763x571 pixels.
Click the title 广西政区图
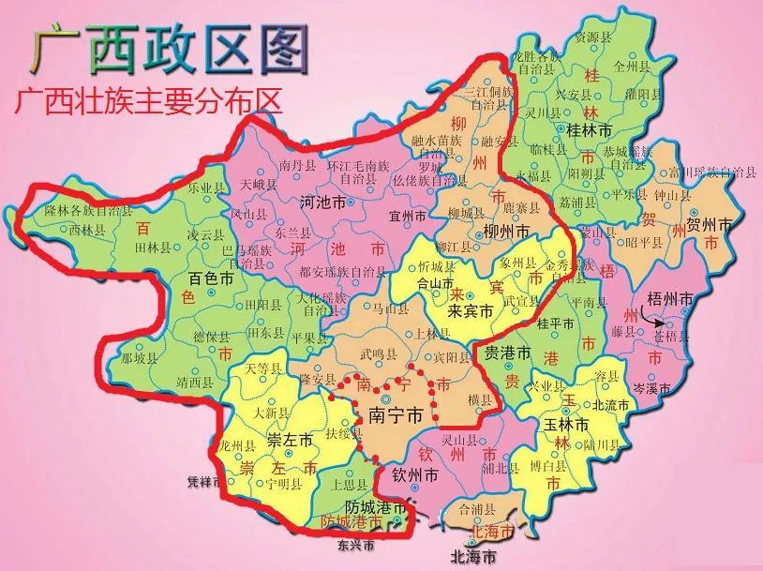pyautogui.click(x=170, y=47)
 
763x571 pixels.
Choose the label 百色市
pyautogui.click(x=210, y=279)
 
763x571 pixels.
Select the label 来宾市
pyautogui.click(x=471, y=311)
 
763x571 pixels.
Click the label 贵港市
pyautogui.click(x=507, y=353)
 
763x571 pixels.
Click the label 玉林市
pyautogui.click(x=564, y=425)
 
